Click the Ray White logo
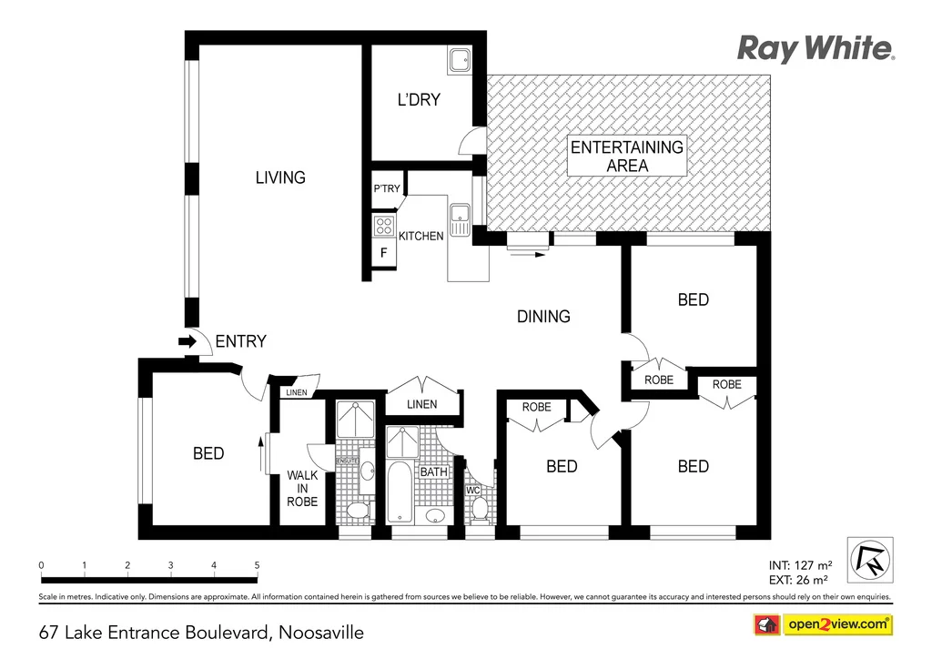815,48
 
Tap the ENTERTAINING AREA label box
626,156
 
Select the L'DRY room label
418,100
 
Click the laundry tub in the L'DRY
459,60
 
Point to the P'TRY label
386,189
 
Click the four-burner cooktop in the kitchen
383,226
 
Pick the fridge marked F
383,254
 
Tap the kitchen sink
460,218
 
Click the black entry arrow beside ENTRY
187,341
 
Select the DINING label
543,317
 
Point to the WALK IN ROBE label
302,488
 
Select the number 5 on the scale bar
257,565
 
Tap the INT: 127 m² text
797,563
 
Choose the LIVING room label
279,177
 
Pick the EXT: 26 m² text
797,579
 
